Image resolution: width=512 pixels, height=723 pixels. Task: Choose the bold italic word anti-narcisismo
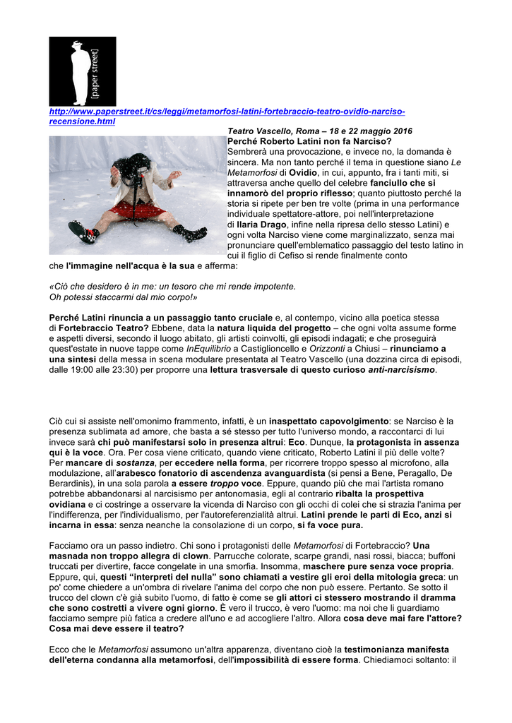[x=402, y=369]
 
